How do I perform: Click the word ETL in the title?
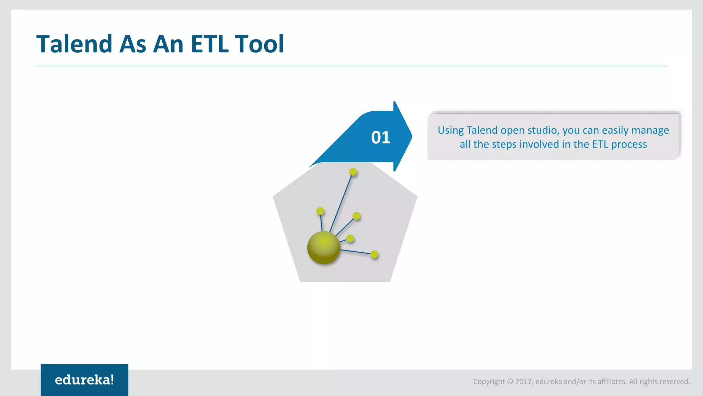click(x=210, y=44)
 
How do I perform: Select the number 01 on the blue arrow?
click(x=381, y=137)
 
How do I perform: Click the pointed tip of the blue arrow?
click(x=411, y=136)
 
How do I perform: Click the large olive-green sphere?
click(x=323, y=247)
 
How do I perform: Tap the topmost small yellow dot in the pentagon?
click(x=353, y=172)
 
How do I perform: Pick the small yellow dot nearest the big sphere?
click(x=350, y=238)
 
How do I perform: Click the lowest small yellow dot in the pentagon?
click(x=374, y=254)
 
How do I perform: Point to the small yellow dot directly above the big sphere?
click(x=320, y=211)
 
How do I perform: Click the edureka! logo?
click(x=84, y=380)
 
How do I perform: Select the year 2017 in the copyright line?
click(x=523, y=382)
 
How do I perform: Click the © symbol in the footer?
click(x=510, y=382)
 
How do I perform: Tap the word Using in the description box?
click(x=450, y=130)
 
